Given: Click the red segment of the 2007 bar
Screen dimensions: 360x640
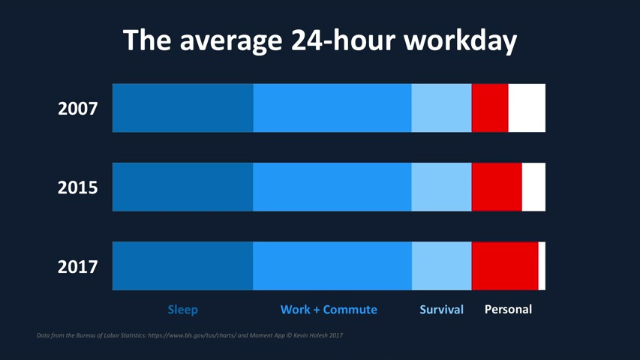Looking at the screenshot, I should click(490, 108).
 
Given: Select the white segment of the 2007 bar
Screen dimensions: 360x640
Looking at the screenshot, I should click(527, 108).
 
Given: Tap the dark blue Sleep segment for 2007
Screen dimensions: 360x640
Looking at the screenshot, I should click(182, 108).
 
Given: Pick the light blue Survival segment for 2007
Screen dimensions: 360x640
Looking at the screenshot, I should click(441, 108).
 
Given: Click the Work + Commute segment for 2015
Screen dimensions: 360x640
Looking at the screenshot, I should click(332, 187).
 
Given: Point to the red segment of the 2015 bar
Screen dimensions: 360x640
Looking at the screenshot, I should click(497, 187).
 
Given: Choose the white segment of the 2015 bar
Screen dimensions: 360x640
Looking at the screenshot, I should click(533, 187).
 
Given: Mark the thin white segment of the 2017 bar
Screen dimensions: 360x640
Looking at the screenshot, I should click(542, 265).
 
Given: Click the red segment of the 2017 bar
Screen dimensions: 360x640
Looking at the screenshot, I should click(505, 265).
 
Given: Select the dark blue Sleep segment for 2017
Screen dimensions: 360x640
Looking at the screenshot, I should click(182, 265).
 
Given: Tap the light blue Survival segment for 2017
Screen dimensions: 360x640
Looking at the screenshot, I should click(441, 265).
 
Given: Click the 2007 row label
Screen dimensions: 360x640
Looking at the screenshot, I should click(78, 109).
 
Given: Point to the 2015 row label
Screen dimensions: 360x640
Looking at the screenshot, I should click(78, 187).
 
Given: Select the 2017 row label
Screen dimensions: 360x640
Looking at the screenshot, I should click(78, 266).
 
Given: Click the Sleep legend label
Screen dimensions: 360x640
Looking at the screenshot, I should click(182, 309).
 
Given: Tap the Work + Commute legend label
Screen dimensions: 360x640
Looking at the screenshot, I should click(329, 309).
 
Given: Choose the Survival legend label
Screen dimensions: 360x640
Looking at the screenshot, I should click(441, 309).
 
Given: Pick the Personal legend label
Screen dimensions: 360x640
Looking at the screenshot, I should click(508, 309).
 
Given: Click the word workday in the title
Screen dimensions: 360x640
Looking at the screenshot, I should click(460, 40).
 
